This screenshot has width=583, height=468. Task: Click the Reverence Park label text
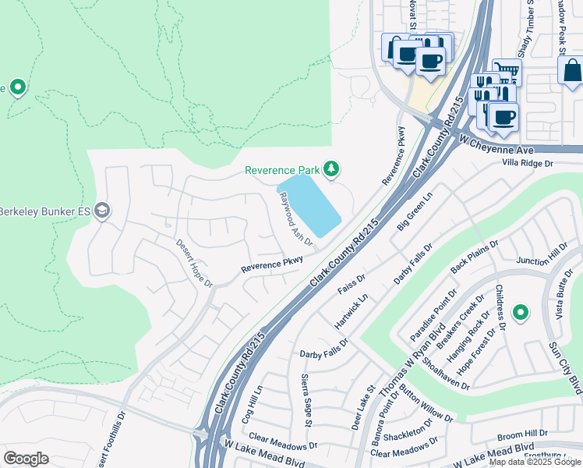click(x=281, y=170)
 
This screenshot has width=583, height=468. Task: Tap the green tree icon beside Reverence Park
click(x=331, y=168)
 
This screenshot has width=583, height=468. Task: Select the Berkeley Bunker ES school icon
click(x=101, y=211)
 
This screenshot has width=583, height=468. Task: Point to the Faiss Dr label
click(x=351, y=283)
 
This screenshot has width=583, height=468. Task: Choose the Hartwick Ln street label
click(x=351, y=310)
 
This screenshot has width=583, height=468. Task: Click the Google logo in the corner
click(x=26, y=459)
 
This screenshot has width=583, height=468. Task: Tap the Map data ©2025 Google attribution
click(x=534, y=462)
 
